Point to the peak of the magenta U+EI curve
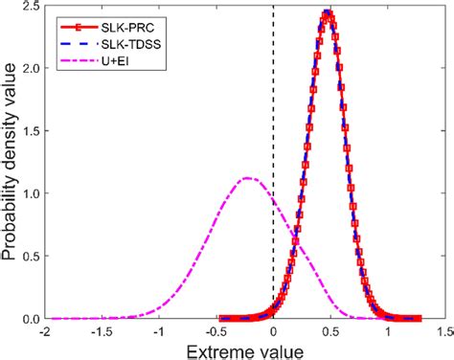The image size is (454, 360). [247, 178]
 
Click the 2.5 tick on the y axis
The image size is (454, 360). [32, 6]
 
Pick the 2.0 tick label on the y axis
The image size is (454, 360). [32, 69]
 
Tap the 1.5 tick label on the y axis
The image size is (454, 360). [32, 131]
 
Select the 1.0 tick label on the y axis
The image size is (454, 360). [32, 193]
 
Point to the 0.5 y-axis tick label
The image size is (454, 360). [32, 257]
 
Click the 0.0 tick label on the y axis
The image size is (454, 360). [32, 319]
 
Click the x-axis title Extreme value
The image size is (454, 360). [244, 349]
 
